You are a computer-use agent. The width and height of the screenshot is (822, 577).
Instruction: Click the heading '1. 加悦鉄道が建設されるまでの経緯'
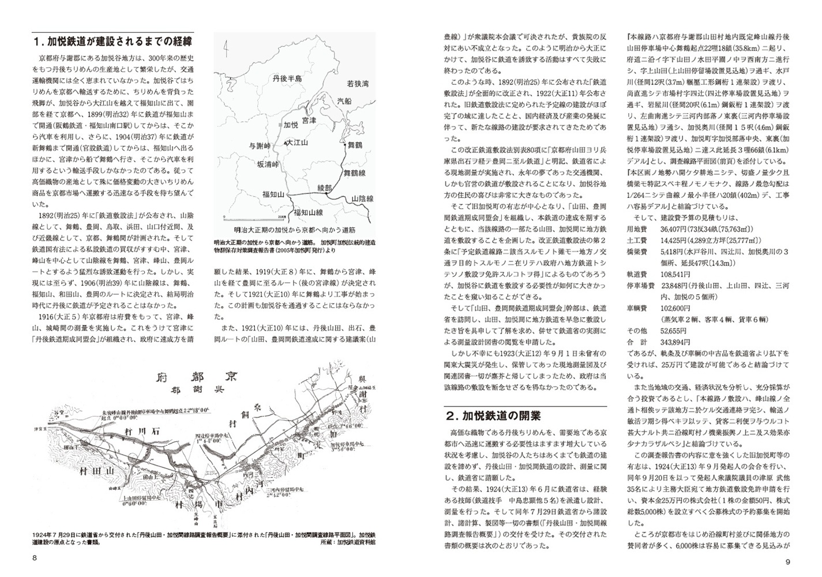[x=113, y=42]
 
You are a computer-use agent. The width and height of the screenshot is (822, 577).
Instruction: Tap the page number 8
[x=35, y=558]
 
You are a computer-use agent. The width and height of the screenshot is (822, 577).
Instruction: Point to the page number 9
[x=787, y=562]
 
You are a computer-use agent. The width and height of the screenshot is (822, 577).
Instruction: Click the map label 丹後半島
[x=287, y=77]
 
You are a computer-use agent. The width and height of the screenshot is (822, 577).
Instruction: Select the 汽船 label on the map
[x=344, y=100]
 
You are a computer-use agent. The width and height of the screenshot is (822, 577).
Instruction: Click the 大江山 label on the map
[x=297, y=142]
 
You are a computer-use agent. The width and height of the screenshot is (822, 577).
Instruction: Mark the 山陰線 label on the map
[x=362, y=198]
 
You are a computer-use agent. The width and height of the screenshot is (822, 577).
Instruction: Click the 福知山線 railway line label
[x=309, y=212]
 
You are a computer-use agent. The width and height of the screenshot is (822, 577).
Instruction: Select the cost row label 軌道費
[x=637, y=274]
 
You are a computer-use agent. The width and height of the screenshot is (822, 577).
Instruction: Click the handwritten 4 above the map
[x=227, y=50]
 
